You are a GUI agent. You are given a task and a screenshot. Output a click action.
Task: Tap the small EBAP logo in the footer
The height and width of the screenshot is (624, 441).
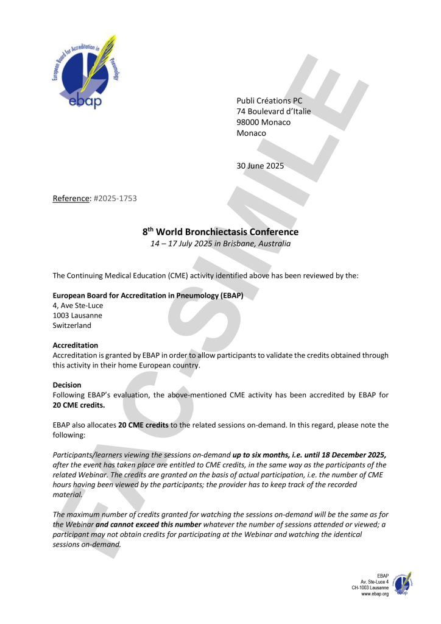[403, 584]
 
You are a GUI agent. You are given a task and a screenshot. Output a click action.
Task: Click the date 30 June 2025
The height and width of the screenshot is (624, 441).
[260, 165]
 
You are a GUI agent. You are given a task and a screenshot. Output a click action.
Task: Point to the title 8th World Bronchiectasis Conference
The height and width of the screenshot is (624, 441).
[220, 232]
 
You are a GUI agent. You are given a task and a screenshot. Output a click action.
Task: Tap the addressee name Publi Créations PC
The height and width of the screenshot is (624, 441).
[269, 101]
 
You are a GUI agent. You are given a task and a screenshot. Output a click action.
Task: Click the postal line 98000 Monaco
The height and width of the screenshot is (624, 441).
[263, 122]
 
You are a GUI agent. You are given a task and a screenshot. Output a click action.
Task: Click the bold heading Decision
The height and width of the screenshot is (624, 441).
[68, 385]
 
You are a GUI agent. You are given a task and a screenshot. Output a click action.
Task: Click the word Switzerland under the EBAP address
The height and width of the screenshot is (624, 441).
[72, 325]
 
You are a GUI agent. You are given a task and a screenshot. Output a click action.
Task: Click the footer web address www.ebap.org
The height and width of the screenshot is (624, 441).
[375, 594]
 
